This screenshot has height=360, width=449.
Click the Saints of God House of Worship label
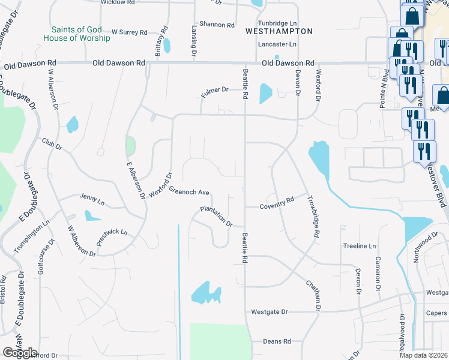77,34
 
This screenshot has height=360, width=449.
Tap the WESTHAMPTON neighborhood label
279,31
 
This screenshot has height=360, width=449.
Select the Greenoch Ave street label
188,191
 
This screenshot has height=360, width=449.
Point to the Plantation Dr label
216,216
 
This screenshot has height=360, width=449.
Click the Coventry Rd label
277,203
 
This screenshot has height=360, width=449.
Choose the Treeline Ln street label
359,246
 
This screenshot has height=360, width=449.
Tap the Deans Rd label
277,341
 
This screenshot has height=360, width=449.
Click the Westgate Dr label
270,312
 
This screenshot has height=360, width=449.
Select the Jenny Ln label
92,197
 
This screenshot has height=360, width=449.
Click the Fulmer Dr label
215,90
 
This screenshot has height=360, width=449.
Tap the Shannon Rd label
218,25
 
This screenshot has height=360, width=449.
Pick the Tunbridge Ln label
277,22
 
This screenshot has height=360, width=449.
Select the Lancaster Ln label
277,44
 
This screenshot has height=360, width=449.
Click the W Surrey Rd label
129,32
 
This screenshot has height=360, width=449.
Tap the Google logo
20,353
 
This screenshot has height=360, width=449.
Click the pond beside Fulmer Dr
265,94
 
